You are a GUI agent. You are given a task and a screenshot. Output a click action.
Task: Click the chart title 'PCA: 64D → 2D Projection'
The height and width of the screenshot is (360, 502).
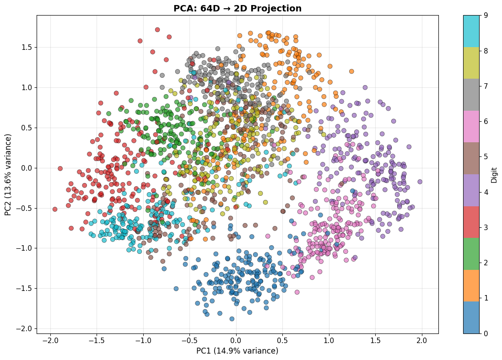(x=237, y=8)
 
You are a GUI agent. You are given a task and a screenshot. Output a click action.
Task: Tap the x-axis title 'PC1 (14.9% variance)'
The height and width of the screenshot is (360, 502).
(x=237, y=351)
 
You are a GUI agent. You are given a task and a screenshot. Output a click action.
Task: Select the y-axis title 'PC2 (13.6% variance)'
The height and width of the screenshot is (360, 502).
(x=8, y=175)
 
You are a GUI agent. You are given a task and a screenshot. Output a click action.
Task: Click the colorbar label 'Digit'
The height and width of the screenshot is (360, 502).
(x=494, y=175)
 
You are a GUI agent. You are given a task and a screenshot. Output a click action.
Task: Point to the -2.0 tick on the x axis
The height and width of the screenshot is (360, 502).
(x=50, y=341)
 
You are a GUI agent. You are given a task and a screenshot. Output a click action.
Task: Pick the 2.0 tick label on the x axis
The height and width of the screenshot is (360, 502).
(x=422, y=341)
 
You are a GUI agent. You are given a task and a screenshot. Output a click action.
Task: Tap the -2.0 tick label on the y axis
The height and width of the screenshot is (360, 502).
(x=26, y=329)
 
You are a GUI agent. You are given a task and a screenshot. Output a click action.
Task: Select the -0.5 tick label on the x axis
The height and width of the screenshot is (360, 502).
(x=189, y=341)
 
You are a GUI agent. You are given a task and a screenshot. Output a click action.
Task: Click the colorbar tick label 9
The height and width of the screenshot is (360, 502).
(x=486, y=15)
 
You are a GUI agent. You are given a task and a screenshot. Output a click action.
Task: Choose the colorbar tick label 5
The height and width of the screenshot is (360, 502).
(x=486, y=156)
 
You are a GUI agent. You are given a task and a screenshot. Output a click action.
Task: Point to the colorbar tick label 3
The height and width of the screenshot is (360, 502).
(x=486, y=227)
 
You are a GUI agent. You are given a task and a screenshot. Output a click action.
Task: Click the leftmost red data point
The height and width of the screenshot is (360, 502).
(x=55, y=209)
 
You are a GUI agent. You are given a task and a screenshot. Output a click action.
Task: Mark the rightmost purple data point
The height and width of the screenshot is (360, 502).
(x=420, y=182)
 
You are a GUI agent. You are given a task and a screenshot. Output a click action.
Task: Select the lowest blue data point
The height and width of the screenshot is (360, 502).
(x=232, y=319)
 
